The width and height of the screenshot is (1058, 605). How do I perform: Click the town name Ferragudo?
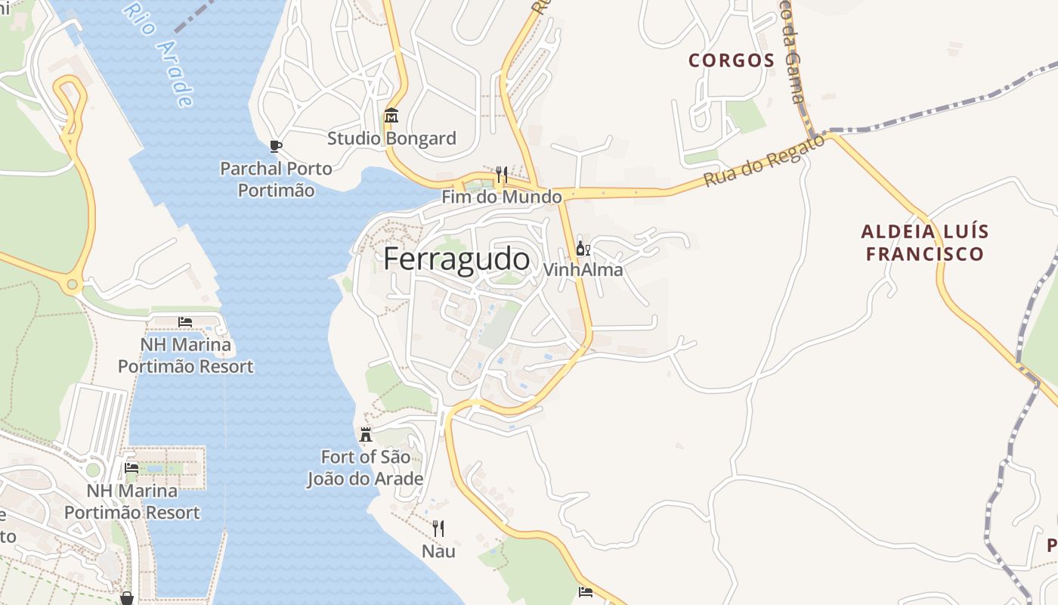pyautogui.click(x=456, y=259)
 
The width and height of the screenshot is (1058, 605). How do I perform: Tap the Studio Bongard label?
pyautogui.click(x=391, y=138)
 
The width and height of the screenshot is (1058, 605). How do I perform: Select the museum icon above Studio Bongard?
pyautogui.click(x=391, y=116)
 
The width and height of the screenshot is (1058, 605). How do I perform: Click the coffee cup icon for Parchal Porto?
pyautogui.click(x=276, y=146)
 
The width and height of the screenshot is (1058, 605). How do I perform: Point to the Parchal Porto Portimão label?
pyautogui.click(x=276, y=179)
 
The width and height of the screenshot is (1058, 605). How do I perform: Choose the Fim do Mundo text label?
pyautogui.click(x=502, y=197)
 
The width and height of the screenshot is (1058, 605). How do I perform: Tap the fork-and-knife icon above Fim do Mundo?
pyautogui.click(x=501, y=175)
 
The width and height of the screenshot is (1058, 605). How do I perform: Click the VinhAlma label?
pyautogui.click(x=583, y=270)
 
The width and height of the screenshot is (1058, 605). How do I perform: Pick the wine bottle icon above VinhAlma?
pyautogui.click(x=583, y=248)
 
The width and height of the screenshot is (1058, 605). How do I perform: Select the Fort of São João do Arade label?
pyautogui.click(x=365, y=468)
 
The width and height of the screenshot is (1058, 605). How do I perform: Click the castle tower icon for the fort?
pyautogui.click(x=366, y=434)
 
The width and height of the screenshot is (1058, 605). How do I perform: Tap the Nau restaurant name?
pyautogui.click(x=438, y=551)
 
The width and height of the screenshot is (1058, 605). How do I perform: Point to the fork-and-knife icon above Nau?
pyautogui.click(x=438, y=528)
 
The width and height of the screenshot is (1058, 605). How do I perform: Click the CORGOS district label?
pyautogui.click(x=732, y=60)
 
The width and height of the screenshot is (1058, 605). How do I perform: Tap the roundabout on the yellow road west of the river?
pyautogui.click(x=73, y=285)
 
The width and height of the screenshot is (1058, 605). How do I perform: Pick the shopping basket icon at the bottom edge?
pyautogui.click(x=127, y=598)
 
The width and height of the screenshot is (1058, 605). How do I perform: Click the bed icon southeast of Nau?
pyautogui.click(x=585, y=591)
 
